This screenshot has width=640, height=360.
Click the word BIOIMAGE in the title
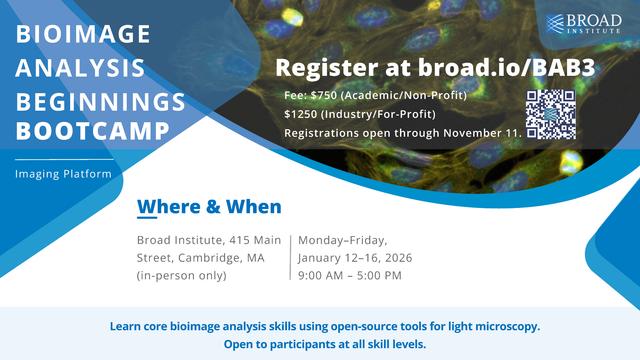pos(84,35)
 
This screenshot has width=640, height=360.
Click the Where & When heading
pos(209,207)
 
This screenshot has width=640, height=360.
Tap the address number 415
pos(231,240)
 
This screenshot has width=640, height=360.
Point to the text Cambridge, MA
pos(222,257)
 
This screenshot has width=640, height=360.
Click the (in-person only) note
pos(181,275)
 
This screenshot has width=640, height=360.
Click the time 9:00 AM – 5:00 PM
pos(349,275)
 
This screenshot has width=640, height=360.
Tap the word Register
pos(321,68)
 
